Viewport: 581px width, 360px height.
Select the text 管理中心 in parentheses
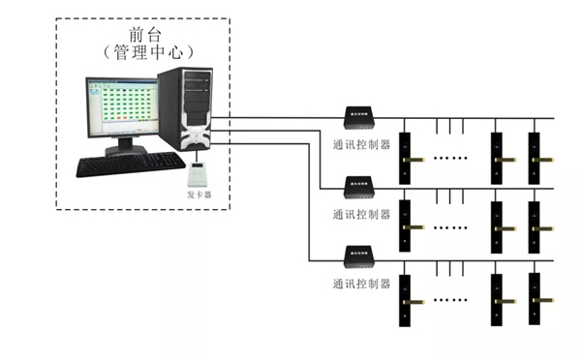tap(143, 49)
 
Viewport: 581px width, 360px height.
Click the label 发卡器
tap(199, 195)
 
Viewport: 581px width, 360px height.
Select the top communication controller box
tap(360, 117)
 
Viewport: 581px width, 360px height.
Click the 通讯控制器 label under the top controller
tap(360, 145)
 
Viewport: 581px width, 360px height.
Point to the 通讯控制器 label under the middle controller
tap(360, 214)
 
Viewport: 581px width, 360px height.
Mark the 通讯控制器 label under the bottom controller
tap(360, 285)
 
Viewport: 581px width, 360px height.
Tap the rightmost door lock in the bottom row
tap(534, 299)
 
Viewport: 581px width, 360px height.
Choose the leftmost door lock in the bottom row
tap(407, 299)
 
